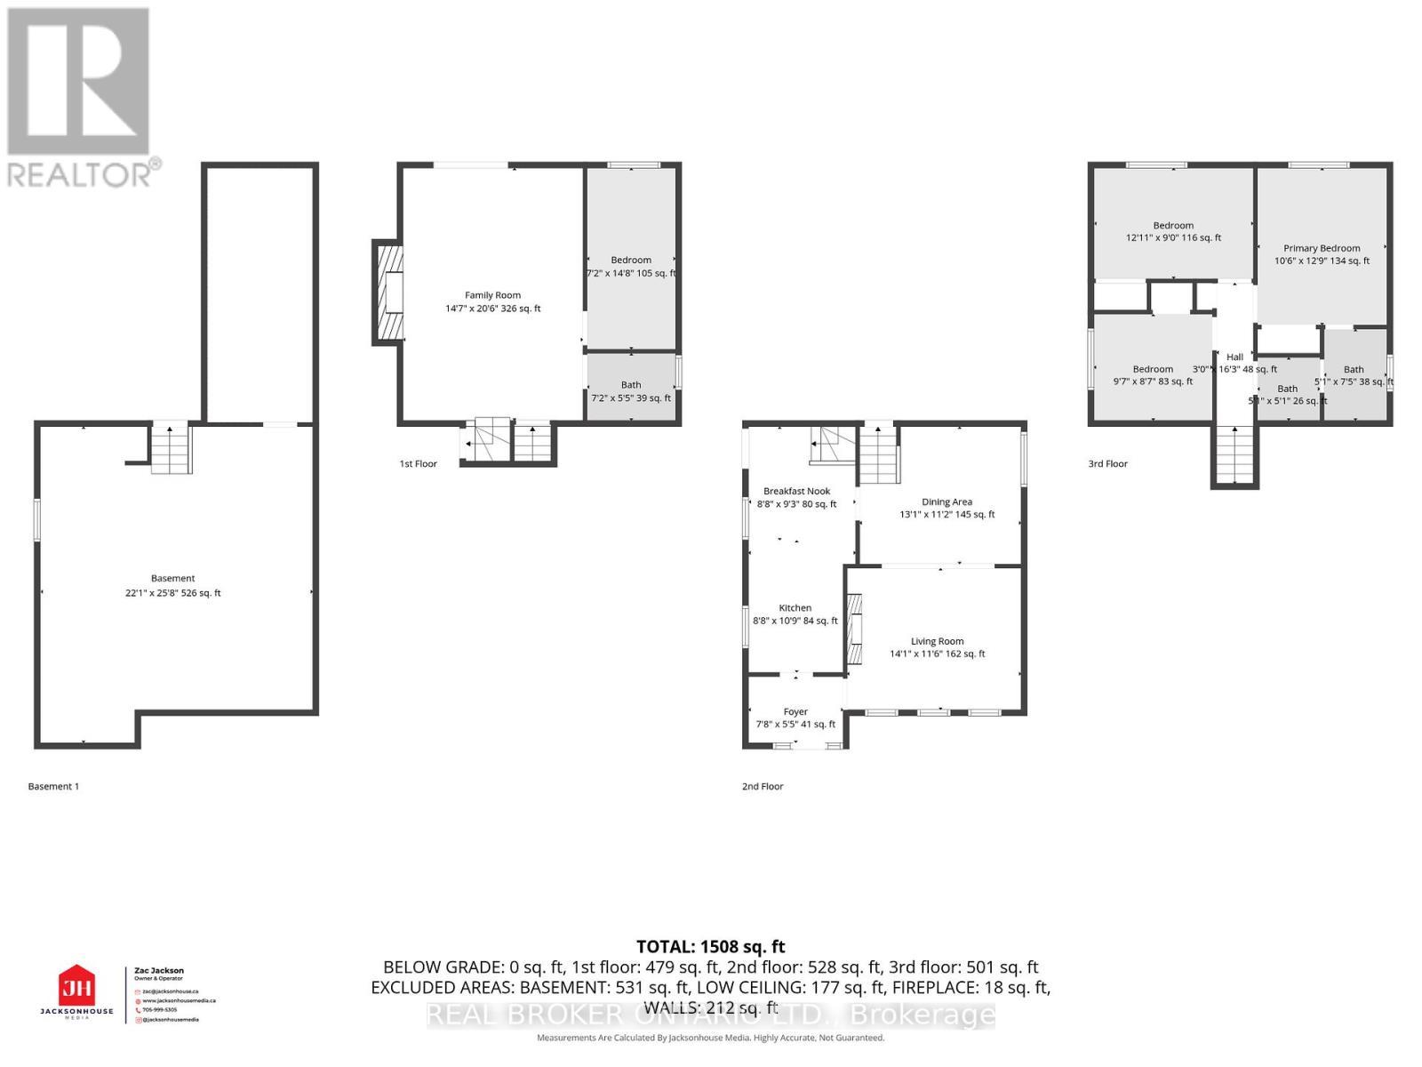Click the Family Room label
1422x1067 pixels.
[492, 295]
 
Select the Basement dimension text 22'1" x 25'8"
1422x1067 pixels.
[172, 593]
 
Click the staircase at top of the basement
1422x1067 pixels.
[171, 449]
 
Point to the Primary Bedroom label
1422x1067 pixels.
[1322, 248]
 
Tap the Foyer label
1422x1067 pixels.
[795, 711]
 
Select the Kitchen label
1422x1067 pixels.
[795, 608]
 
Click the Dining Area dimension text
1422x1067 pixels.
[947, 515]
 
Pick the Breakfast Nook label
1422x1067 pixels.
[796, 491]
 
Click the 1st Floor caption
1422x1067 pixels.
[418, 463]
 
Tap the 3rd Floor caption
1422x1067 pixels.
[1107, 463]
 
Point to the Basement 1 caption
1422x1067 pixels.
[53, 786]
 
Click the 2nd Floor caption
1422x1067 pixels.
[763, 786]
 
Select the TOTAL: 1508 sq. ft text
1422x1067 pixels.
[710, 947]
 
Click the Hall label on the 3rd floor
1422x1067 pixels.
[1234, 357]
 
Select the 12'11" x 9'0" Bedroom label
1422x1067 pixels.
[1173, 226]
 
